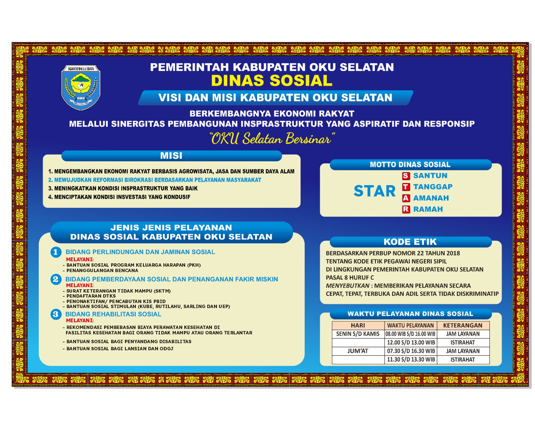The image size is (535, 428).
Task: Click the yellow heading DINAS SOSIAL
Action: click(x=272, y=80)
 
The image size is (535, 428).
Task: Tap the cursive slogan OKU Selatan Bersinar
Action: click(x=272, y=138)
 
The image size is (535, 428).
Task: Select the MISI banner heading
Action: click(x=171, y=155)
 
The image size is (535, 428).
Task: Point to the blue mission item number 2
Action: click(x=155, y=180)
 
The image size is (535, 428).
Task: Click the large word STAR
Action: click(x=374, y=191)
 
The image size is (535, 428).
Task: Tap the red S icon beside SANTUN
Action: click(x=406, y=176)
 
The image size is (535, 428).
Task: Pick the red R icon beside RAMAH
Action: click(x=406, y=209)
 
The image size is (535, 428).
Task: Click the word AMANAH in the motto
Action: click(x=431, y=198)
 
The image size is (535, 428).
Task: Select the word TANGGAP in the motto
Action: click(x=433, y=187)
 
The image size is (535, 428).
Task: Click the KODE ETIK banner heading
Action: click(x=410, y=242)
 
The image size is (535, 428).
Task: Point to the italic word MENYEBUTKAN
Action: click(x=347, y=286)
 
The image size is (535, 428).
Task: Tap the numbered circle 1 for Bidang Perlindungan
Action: click(x=56, y=252)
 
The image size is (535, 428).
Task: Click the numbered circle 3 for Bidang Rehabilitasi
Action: click(x=56, y=314)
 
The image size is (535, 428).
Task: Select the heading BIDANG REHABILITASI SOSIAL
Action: click(x=113, y=314)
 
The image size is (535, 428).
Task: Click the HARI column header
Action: click(x=358, y=326)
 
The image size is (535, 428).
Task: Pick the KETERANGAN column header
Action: click(x=463, y=326)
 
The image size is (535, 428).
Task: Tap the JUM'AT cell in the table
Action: click(x=358, y=351)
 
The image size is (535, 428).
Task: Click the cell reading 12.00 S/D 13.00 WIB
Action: click(x=411, y=343)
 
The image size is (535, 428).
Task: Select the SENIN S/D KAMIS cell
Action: click(x=358, y=334)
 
